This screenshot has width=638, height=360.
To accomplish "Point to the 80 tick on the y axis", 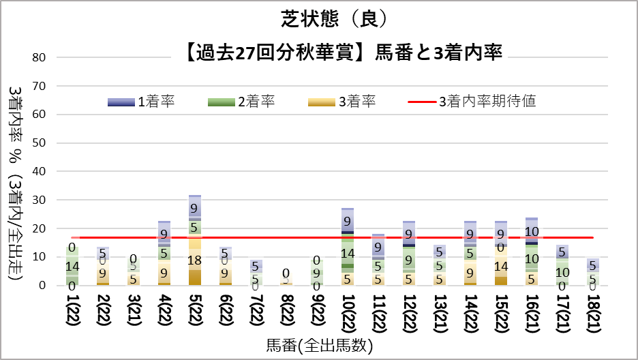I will click(x=39, y=58).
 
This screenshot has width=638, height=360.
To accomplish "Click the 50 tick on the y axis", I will click(x=39, y=143).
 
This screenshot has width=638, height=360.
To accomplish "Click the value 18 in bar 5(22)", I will click(x=195, y=260).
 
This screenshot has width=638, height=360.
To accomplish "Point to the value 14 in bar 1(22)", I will click(x=72, y=266).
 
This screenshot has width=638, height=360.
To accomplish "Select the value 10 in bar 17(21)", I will click(x=562, y=273).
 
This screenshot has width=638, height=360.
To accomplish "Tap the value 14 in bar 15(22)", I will click(x=500, y=267).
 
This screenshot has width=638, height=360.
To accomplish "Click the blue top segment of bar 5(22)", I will click(x=195, y=207).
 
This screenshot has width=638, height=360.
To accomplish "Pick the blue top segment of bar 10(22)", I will click(x=348, y=220).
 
